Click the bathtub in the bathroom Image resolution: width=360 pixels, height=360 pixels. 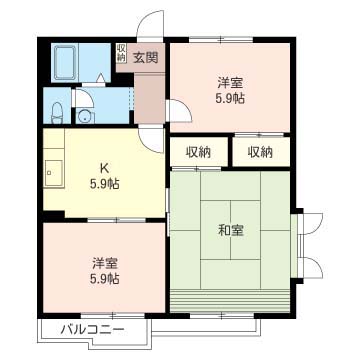point(68,63)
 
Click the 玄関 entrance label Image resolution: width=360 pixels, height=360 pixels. point(146,57)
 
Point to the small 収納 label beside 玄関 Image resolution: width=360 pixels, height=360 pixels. point(121,53)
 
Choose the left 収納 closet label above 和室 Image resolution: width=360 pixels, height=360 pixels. point(197,152)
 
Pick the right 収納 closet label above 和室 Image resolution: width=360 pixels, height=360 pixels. point(260,152)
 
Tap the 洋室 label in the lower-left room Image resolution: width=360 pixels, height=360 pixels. point(104,264)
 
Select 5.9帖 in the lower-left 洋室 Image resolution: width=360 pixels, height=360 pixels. point(104,280)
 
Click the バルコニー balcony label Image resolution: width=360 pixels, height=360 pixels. point(91,329)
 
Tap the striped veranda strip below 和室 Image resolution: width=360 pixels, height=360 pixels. point(231,301)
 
